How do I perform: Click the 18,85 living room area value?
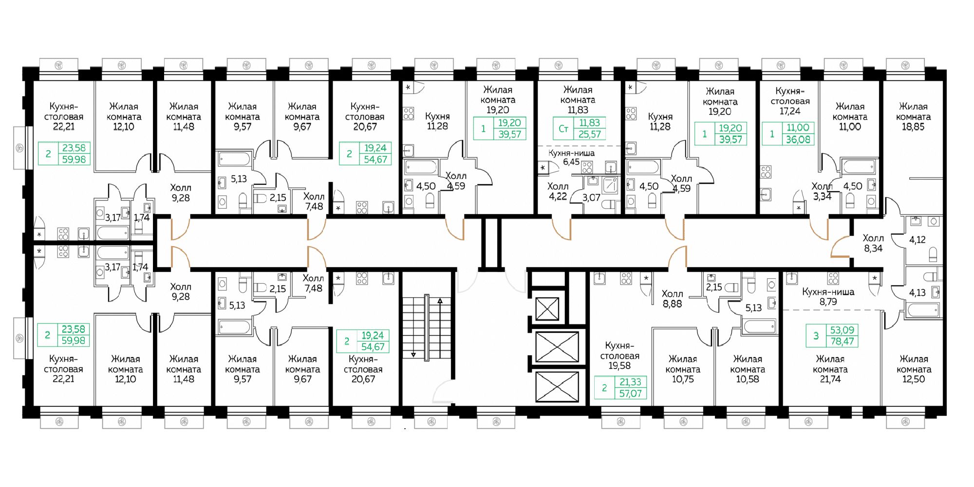pos(913,127)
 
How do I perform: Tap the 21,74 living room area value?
pos(830,379)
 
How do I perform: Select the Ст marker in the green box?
pos(563,129)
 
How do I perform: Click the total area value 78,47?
pos(843,341)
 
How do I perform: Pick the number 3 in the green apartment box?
pos(816,336)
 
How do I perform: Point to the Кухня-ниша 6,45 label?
pos(571,158)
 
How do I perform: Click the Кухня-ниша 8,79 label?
pos(828,297)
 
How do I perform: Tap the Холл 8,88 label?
pos(672,299)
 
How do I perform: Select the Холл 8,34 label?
pos(873,243)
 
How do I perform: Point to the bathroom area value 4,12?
pos(918,240)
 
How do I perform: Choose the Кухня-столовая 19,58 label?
pos(619,356)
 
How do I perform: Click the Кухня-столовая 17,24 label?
pos(790,101)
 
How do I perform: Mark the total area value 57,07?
pos(630,394)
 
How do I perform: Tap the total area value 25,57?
pos(589,134)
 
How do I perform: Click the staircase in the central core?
pos(427,327)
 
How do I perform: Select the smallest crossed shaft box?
pos(547,308)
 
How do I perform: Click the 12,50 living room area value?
pos(914,379)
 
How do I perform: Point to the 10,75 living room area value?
pos(683,379)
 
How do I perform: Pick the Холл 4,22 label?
pos(558,192)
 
